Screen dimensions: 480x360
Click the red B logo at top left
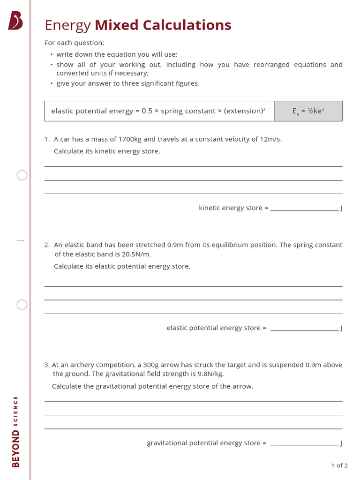pos(15,21)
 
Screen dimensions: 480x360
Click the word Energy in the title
pos(67,25)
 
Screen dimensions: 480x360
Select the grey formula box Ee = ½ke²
pos(308,111)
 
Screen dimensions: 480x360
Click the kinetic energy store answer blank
pos(304,208)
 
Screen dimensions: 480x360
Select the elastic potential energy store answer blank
pos(304,328)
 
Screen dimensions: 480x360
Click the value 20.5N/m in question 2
pos(137,254)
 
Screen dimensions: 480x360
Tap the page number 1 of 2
pos(339,465)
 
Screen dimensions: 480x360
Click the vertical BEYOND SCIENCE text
pos(16,431)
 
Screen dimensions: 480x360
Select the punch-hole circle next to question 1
pos(22,176)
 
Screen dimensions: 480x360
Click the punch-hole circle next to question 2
pos(22,305)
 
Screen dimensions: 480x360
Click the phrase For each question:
pos(75,43)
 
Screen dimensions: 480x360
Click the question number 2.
pos(47,245)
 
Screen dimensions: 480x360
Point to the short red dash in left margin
pos(20,240)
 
